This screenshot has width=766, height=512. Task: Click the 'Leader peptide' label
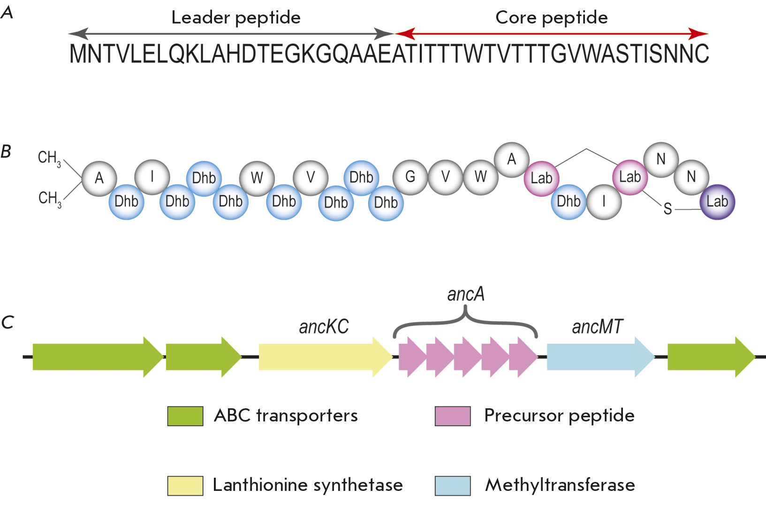pos(236,18)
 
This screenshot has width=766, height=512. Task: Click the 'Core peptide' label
pos(552,18)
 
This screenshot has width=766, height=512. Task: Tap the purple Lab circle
pos(717,202)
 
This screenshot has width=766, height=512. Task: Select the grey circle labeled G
pos(410,177)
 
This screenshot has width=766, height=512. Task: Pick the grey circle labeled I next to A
pos(152,177)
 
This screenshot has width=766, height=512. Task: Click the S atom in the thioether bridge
pos(667,209)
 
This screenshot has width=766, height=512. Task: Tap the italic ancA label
pos(466,294)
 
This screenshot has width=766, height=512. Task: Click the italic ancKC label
pos(324,327)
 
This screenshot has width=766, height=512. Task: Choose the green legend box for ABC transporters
pos(185,416)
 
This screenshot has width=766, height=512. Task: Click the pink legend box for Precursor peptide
pos(453,416)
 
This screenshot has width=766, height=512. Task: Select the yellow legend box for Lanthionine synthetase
pos(185,486)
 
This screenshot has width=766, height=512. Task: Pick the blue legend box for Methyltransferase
pos(453,486)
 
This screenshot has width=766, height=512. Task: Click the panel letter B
pos(6,152)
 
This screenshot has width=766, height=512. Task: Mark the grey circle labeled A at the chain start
pos(99,178)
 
